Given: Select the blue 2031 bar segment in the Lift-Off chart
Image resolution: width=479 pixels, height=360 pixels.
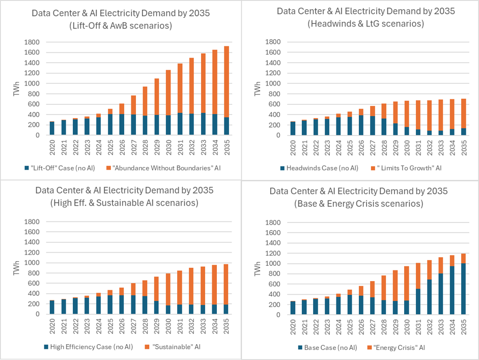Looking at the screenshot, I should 179,124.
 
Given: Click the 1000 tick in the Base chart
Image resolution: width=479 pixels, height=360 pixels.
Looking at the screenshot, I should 272,263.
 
